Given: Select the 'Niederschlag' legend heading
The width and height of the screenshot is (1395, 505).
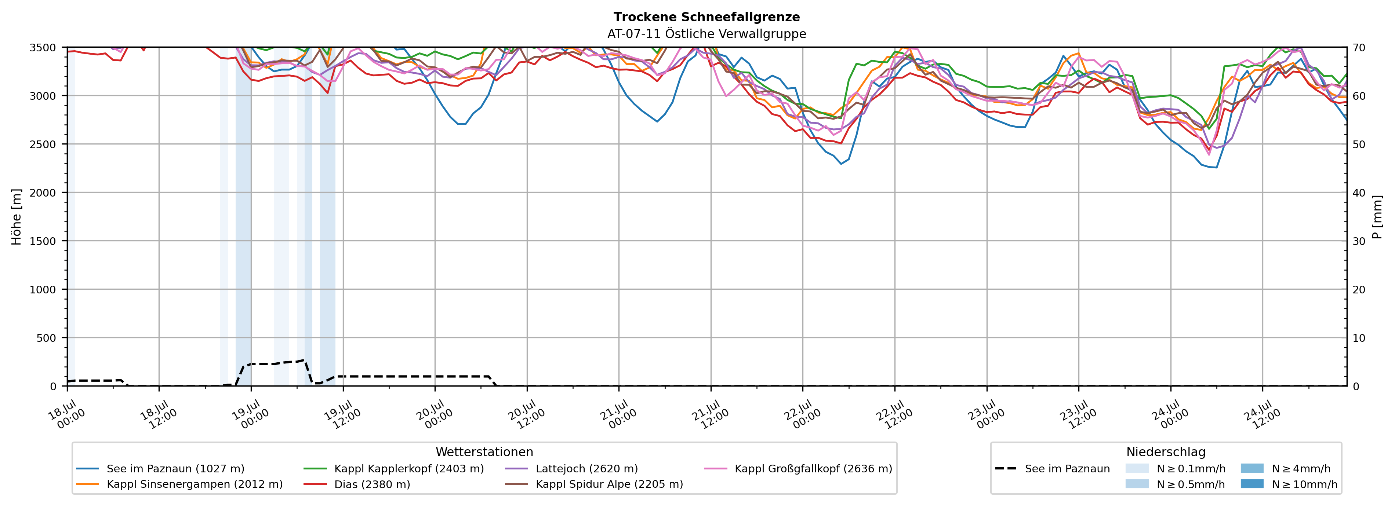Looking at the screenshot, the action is [1166, 452].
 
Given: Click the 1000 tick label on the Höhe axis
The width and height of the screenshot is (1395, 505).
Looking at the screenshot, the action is [43, 290].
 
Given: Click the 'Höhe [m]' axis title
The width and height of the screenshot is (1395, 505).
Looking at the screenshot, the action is [17, 216].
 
